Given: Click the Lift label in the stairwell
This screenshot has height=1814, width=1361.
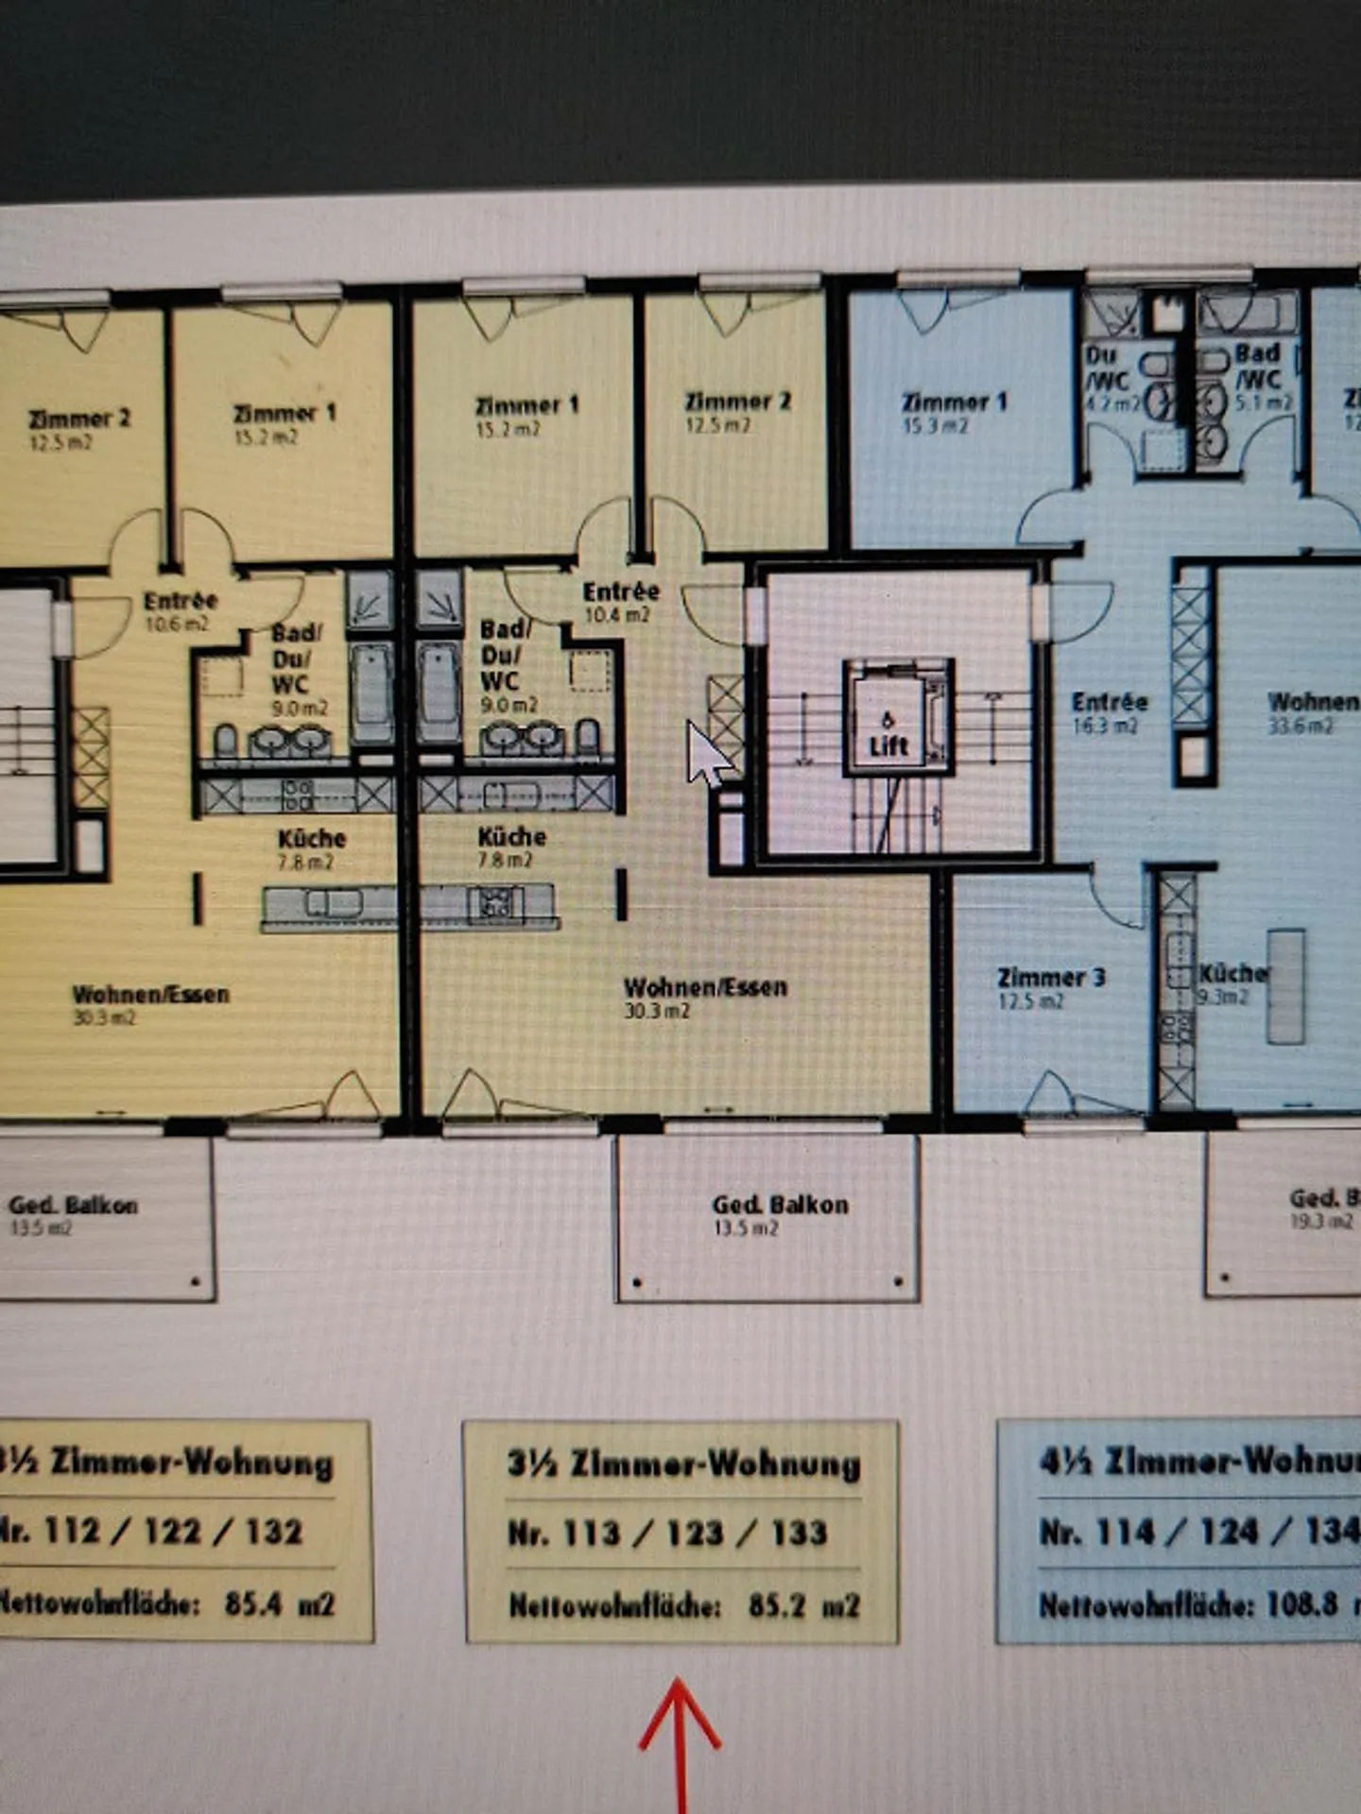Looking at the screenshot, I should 888,745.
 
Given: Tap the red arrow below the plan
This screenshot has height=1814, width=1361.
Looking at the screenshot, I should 680,1738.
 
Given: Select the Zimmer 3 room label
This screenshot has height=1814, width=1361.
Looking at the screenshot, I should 1051,978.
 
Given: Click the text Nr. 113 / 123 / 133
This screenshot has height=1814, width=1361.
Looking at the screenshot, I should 667,1532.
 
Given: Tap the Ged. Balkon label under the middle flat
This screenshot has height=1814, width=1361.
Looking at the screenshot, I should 780,1206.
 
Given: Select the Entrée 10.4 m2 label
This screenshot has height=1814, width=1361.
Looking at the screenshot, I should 621,602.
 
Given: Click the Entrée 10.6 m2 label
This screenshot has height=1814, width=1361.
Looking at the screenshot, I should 181,610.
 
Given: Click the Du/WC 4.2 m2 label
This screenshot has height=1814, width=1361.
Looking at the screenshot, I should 1107,379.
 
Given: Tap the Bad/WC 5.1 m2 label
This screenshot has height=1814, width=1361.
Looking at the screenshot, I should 1259,377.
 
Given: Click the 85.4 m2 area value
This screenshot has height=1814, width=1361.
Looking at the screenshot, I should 280,1603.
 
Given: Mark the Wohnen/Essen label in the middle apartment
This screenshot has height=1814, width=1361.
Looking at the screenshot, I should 705,988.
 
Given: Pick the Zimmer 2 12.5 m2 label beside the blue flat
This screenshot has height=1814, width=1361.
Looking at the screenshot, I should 737,412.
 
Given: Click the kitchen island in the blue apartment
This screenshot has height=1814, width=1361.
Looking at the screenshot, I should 1285,985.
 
